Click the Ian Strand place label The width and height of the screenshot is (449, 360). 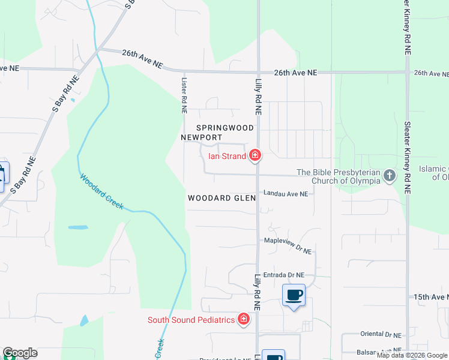[227, 157]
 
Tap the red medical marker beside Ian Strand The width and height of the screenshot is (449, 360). [255, 156]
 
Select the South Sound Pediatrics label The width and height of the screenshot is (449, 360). [191, 319]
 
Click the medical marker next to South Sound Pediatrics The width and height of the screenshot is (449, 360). [244, 319]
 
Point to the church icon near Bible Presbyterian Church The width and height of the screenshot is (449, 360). [390, 176]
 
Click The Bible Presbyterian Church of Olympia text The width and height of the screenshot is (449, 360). [339, 176]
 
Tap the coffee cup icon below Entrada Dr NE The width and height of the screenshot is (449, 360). [294, 295]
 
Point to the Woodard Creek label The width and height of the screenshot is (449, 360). [101, 192]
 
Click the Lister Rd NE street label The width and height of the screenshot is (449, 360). [184, 95]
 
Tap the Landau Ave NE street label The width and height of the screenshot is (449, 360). [286, 194]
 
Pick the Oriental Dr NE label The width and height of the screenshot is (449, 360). [380, 334]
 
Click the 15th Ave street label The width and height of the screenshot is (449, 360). [430, 297]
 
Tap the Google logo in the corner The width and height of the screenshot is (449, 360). [20, 353]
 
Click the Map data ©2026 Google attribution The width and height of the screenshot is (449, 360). [412, 355]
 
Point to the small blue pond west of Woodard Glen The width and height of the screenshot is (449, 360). [78, 227]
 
